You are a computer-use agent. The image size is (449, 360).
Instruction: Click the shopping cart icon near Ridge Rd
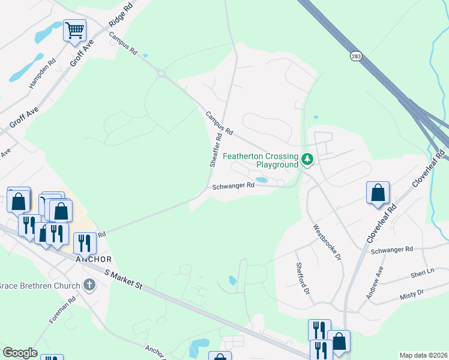(x=74, y=31)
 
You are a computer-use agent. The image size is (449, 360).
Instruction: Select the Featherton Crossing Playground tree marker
(x=308, y=160)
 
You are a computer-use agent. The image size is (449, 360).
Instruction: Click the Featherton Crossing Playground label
(x=261, y=160)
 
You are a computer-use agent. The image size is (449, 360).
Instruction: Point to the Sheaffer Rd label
(x=215, y=150)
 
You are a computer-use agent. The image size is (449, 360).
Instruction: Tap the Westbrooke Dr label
(x=327, y=242)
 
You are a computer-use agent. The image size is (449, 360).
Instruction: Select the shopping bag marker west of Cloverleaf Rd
(x=378, y=193)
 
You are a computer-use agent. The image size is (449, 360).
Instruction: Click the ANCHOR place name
(x=93, y=259)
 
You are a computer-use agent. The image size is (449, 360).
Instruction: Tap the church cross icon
(x=89, y=284)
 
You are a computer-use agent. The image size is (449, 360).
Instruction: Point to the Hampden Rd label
(x=43, y=73)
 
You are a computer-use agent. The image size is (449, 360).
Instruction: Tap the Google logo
(x=19, y=353)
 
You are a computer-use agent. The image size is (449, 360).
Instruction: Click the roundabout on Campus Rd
(x=161, y=74)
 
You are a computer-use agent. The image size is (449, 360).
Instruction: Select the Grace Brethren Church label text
(x=40, y=284)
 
